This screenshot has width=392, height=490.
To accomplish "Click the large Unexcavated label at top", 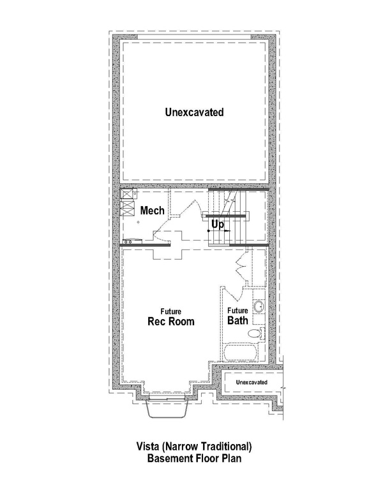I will click(x=194, y=112).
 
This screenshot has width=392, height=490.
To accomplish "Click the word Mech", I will click(x=153, y=211).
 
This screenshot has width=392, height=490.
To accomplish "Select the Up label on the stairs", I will click(x=218, y=225).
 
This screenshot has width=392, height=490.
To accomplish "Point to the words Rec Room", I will click(x=171, y=321).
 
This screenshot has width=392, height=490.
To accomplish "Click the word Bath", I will click(x=237, y=321).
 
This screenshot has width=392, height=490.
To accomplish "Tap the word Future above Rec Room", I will click(x=170, y=311).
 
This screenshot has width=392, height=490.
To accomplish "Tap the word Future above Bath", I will click(x=237, y=311).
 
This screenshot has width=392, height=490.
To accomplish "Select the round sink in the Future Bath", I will click(x=259, y=309).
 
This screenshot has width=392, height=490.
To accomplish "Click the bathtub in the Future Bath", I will click(x=246, y=353).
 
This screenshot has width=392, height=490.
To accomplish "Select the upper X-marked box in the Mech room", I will click(x=126, y=196).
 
